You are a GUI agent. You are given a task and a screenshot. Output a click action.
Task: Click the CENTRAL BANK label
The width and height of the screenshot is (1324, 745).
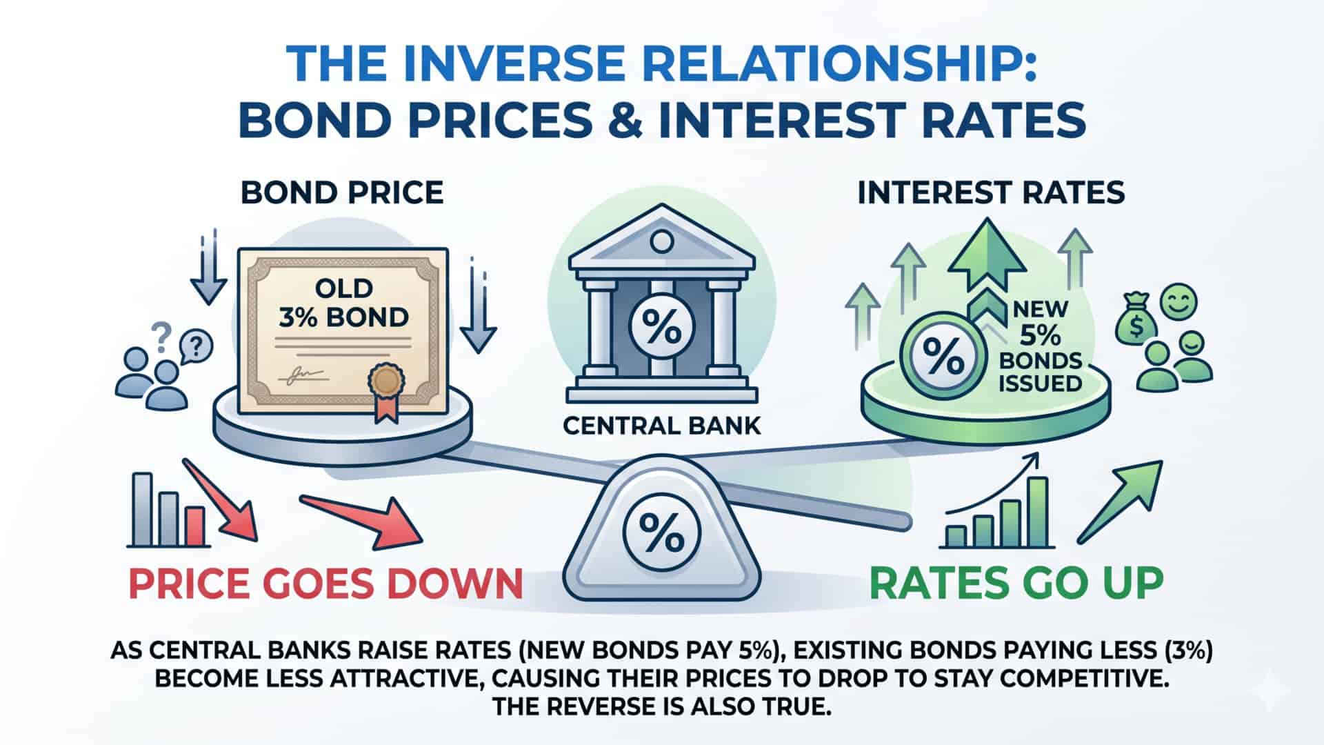[x=661, y=425]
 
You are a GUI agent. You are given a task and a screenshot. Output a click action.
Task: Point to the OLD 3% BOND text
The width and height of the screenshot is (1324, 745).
[x=343, y=302]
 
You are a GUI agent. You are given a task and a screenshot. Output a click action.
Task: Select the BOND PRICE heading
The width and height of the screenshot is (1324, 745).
[x=342, y=193]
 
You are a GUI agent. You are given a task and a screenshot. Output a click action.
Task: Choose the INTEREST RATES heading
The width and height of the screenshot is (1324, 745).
[x=991, y=193]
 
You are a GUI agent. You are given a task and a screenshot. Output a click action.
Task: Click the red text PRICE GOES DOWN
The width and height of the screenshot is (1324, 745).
[x=326, y=583]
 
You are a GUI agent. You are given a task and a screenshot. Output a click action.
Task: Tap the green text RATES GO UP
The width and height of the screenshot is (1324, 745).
[x=1016, y=583]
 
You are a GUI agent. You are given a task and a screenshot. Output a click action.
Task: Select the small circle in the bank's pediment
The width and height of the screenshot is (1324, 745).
[x=662, y=242]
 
